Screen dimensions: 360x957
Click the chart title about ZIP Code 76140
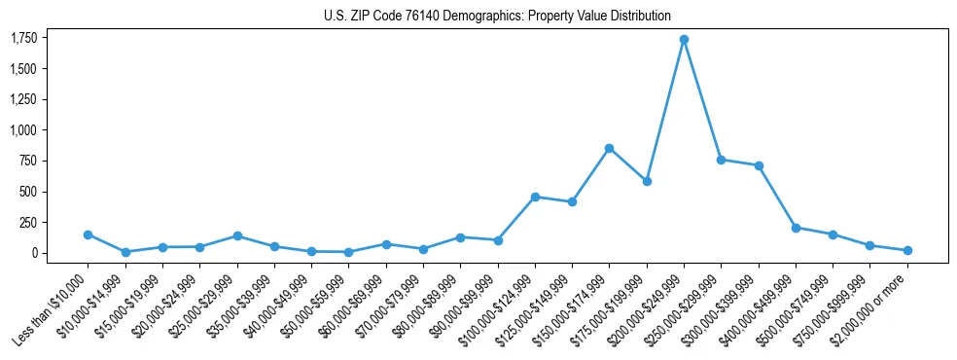click(497, 16)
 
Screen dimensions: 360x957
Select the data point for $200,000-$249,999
click(684, 40)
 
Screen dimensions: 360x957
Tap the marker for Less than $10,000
click(88, 234)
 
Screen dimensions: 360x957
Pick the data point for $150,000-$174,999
click(609, 148)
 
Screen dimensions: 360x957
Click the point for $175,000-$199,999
click(647, 181)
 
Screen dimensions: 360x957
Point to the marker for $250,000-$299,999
click(721, 160)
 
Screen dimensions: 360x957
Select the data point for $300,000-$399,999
click(759, 165)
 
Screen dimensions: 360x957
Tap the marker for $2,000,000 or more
click(907, 250)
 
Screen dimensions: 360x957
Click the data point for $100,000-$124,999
click(535, 197)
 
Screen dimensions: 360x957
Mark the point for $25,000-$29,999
click(236, 235)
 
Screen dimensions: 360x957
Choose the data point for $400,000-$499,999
click(796, 228)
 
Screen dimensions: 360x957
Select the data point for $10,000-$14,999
click(124, 252)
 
